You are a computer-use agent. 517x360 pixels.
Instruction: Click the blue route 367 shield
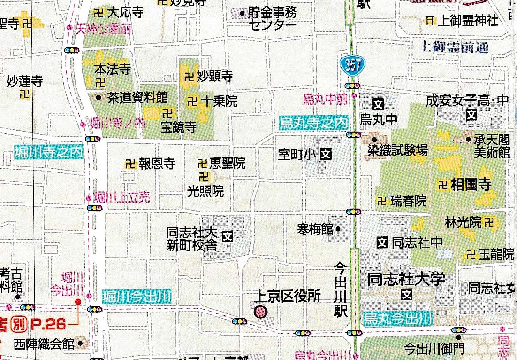[352, 65]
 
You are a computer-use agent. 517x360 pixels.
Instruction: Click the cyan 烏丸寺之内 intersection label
[313, 123]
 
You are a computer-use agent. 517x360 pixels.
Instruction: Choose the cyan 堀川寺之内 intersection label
[48, 152]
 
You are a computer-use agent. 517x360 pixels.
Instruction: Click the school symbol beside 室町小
[327, 155]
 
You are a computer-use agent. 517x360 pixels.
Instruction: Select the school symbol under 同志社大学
[407, 294]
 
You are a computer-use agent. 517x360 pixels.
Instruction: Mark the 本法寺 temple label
[112, 69]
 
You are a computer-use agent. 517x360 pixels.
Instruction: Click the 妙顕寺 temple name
[215, 76]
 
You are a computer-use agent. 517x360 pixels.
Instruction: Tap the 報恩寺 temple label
[156, 164]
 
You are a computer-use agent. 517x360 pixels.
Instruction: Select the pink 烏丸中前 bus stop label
[325, 99]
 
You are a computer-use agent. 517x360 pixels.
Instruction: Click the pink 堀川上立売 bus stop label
[122, 197]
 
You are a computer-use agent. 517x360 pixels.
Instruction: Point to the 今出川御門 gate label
[434, 347]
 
